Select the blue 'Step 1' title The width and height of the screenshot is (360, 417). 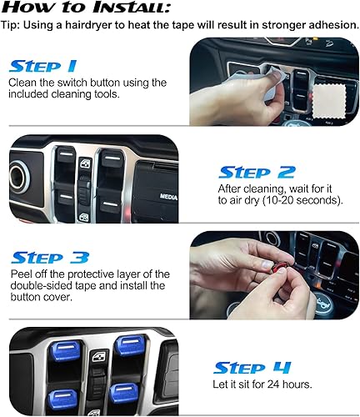click(x=43, y=64)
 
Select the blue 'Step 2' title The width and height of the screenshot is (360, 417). click(x=256, y=172)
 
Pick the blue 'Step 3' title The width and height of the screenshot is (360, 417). click(x=44, y=256)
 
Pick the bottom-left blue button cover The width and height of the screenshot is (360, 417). click(x=62, y=397)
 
